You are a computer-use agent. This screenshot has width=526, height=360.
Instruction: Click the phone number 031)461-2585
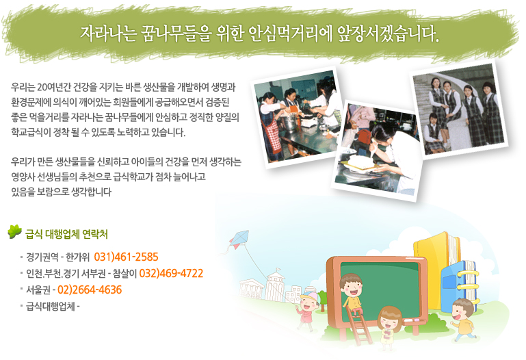[x=126, y=257]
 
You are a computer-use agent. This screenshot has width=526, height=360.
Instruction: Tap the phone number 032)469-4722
[x=171, y=274]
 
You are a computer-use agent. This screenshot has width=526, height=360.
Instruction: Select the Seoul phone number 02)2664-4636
[x=90, y=290]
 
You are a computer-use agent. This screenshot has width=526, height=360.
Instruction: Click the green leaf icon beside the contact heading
[x=14, y=232]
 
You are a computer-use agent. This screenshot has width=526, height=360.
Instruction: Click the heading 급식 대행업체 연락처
[x=66, y=234]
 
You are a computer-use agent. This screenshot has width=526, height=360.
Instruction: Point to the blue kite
[x=239, y=240]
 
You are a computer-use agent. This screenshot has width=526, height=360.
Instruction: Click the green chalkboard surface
[x=380, y=289]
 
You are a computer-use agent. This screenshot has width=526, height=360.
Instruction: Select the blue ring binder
[x=459, y=285]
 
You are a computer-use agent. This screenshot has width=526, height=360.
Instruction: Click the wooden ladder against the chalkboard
[x=360, y=326]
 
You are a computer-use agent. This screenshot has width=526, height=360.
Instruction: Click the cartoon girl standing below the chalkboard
[x=389, y=324]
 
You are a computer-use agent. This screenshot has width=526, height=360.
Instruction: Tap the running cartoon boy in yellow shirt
[x=464, y=319]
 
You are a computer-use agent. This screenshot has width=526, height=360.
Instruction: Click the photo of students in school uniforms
[x=459, y=111]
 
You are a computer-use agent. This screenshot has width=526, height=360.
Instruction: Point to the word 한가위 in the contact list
[x=78, y=257]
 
